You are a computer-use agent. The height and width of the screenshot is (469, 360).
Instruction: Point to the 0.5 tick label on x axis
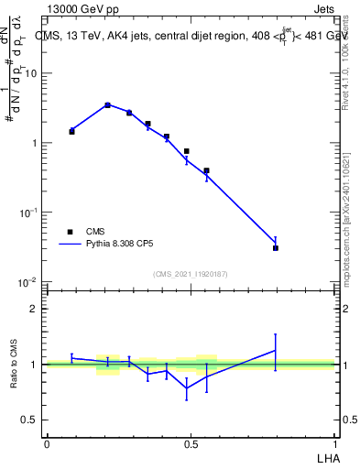point(191,443)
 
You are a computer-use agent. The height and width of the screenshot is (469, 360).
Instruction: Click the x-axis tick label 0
point(47,443)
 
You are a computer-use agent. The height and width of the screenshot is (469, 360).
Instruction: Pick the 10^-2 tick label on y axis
point(29,281)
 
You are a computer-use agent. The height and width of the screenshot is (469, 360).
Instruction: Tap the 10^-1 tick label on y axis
point(29,213)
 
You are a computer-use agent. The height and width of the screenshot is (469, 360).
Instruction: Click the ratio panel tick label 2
point(34,309)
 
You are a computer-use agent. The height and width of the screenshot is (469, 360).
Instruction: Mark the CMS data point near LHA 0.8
point(276,247)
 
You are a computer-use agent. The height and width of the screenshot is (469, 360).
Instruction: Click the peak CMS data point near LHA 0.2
point(108,105)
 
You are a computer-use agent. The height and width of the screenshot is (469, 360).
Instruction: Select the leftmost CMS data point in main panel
point(71,132)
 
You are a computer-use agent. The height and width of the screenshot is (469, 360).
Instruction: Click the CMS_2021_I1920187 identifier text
point(190,274)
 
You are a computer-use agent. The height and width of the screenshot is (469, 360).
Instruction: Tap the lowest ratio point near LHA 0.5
point(187,387)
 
